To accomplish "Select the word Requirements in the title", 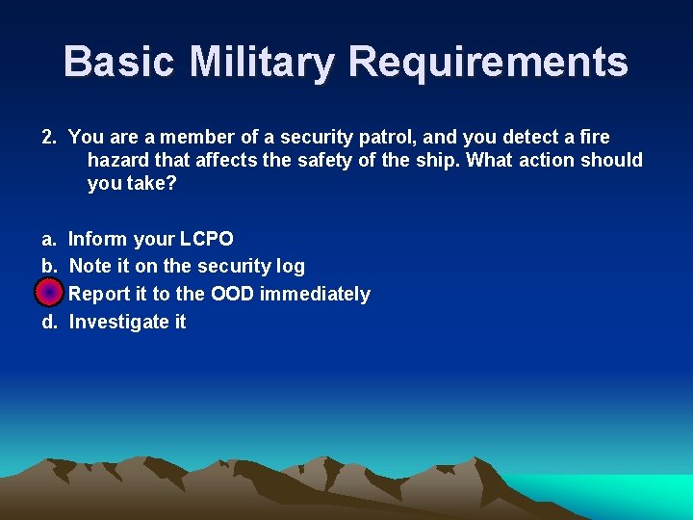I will (x=488, y=62).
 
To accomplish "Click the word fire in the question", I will (x=594, y=138).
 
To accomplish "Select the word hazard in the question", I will (x=117, y=160).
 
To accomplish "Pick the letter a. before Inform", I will (x=49, y=239).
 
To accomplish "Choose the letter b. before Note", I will (x=49, y=267).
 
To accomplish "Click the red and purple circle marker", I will (x=49, y=293).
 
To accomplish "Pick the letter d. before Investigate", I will (x=49, y=322).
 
